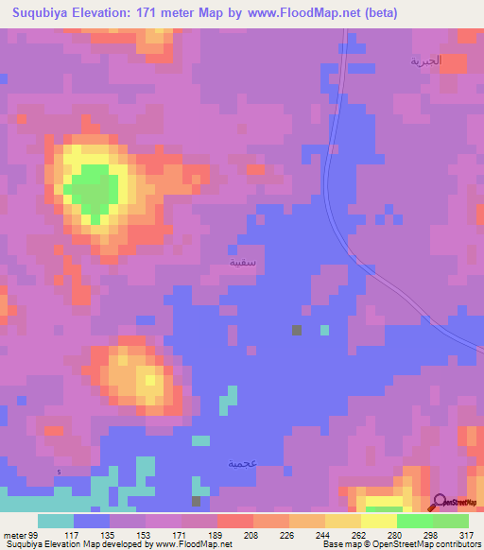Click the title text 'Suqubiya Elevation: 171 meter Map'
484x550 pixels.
[x=113, y=13]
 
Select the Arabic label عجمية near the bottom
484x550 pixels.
[x=242, y=463]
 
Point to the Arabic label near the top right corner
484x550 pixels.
[x=425, y=60]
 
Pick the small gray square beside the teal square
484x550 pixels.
[x=297, y=330]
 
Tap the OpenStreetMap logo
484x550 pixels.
[x=456, y=503]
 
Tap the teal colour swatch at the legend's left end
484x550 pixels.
[x=56, y=521]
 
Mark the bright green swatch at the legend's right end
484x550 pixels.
[x=451, y=521]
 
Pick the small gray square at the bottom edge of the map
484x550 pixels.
[x=197, y=501]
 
